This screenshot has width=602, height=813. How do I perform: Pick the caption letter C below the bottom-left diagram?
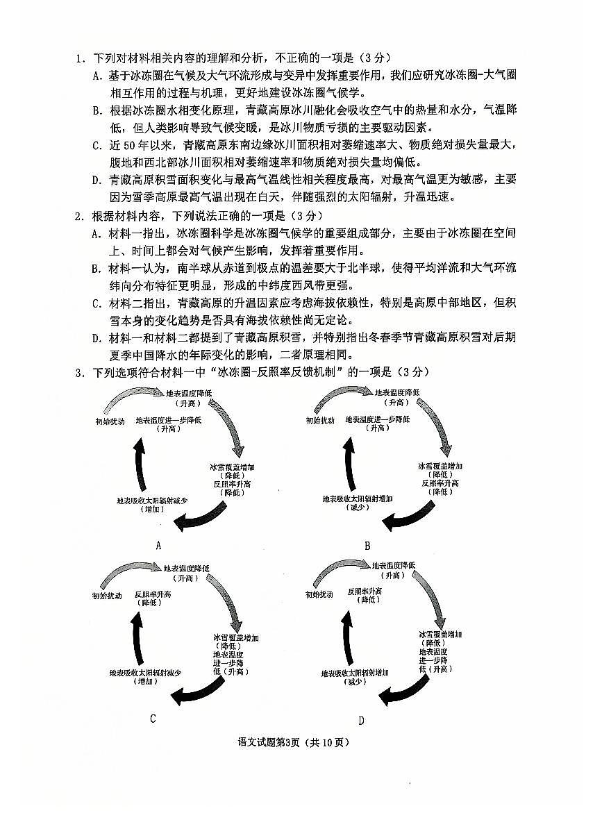153,719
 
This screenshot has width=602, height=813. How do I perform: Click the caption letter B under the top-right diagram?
367,546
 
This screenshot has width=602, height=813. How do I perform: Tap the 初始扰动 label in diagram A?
110,421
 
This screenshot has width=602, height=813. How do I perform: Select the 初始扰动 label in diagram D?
319,594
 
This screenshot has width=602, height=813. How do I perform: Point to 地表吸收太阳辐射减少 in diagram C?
146,672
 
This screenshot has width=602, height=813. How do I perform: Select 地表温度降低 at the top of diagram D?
393,566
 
